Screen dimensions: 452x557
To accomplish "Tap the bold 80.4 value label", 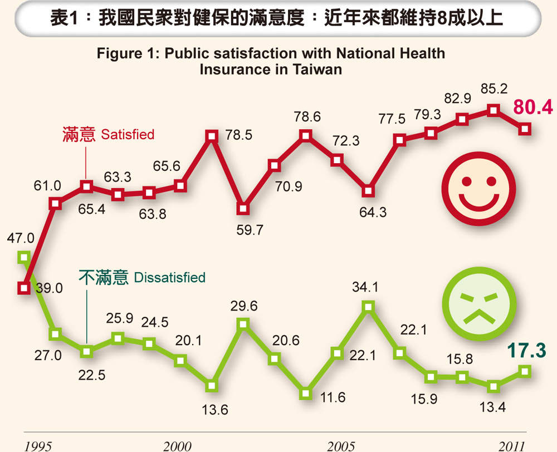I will pyautogui.click(x=533, y=107).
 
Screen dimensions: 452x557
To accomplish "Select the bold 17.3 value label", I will pyautogui.click(x=526, y=351).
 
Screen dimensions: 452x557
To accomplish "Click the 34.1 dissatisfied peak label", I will pyautogui.click(x=365, y=288).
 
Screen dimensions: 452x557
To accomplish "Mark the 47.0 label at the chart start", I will pyautogui.click(x=21, y=238).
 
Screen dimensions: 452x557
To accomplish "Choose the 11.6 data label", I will pyautogui.click(x=333, y=397).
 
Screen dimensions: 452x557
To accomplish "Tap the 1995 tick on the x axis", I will pyautogui.click(x=38, y=445).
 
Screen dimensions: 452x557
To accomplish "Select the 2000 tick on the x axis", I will pyautogui.click(x=177, y=445).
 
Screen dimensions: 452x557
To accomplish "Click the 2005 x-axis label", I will pyautogui.click(x=341, y=445).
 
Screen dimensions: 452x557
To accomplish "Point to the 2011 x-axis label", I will pyautogui.click(x=511, y=445).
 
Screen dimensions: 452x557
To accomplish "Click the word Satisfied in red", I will pyautogui.click(x=128, y=135).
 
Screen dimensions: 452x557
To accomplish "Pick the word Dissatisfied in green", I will pyautogui.click(x=170, y=277).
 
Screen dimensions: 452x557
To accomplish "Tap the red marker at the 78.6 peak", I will pyautogui.click(x=305, y=135).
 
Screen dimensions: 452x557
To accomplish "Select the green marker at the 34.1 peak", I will pyautogui.click(x=368, y=306).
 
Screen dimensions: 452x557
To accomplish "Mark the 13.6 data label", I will pyautogui.click(x=215, y=410).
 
